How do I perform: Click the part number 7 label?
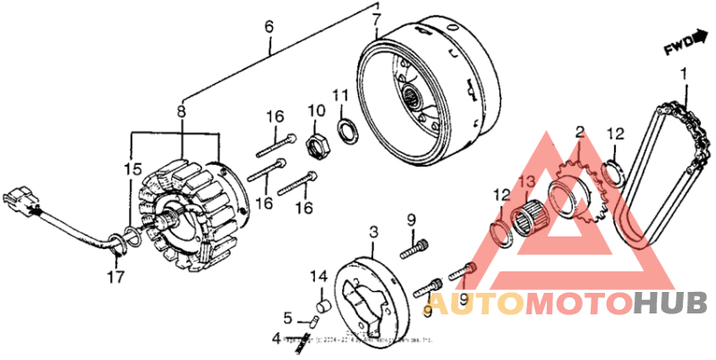pyautogui.click(x=376, y=20)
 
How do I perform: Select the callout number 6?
pyautogui.click(x=268, y=28)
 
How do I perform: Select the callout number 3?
pyautogui.click(x=374, y=234)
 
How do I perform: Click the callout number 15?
pyautogui.click(x=132, y=168)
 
